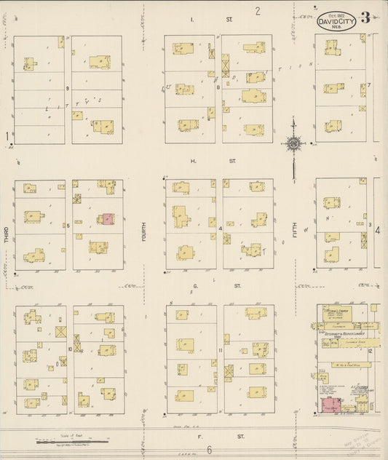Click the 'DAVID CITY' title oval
[336, 21]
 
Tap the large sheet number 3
[365, 17]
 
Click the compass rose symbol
[293, 143]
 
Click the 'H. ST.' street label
[213, 161]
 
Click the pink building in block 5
[108, 218]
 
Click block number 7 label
[370, 85]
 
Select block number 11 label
[220, 350]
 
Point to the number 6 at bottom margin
[208, 450]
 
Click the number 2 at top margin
[258, 10]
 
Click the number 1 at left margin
[6, 136]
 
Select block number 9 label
[67, 88]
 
